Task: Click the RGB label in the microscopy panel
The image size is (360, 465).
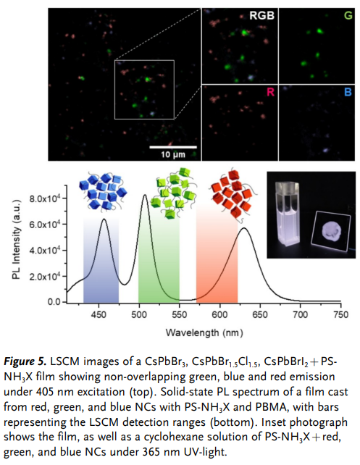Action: pyautogui.click(x=261, y=15)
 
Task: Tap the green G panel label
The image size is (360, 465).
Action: pyautogui.click(x=348, y=15)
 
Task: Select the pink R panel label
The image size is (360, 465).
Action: pyautogui.click(x=270, y=92)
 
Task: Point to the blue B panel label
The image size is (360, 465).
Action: pyautogui.click(x=348, y=92)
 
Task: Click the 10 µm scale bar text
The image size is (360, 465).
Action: pyautogui.click(x=173, y=154)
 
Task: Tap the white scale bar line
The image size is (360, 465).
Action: pyautogui.click(x=173, y=147)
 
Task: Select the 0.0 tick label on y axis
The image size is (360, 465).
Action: pyautogui.click(x=54, y=302)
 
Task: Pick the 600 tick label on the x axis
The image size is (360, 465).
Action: pyautogui.click(x=219, y=314)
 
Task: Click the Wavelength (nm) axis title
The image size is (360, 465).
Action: pyautogui.click(x=204, y=332)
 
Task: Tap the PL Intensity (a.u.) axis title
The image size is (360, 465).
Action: pyautogui.click(x=17, y=240)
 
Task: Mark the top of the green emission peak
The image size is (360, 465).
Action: pyautogui.click(x=145, y=195)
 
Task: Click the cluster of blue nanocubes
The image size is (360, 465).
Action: pyautogui.click(x=103, y=191)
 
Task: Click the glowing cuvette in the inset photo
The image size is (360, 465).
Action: pyautogui.click(x=287, y=214)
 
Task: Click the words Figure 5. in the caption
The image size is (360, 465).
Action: pyautogui.click(x=25, y=361)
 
